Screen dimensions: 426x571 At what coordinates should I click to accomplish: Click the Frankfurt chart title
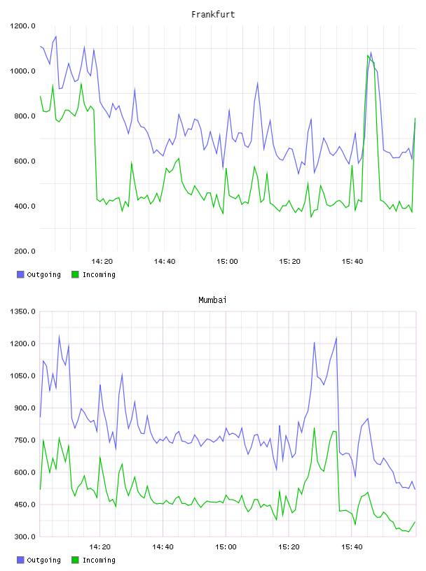pyautogui.click(x=213, y=15)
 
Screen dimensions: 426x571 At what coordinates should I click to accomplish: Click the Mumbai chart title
pyautogui.click(x=212, y=300)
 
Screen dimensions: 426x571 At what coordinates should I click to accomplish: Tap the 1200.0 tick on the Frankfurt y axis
pyautogui.click(x=22, y=26)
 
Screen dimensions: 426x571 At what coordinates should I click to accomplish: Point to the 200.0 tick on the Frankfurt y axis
pyautogui.click(x=25, y=251)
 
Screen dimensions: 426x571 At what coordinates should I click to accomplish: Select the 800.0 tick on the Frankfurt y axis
pyautogui.click(x=25, y=116)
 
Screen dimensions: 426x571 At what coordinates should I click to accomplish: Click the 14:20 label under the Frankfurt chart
pyautogui.click(x=102, y=262)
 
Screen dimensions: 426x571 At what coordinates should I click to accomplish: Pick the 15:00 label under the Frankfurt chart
pyautogui.click(x=227, y=262)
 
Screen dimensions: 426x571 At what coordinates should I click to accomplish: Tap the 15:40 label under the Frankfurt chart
pyautogui.click(x=352, y=262)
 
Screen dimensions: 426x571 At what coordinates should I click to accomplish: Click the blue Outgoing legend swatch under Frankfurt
pyautogui.click(x=20, y=274)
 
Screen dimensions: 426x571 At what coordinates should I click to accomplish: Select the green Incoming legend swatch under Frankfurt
pyautogui.click(x=75, y=274)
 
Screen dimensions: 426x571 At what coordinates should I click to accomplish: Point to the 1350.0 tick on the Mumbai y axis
pyautogui.click(x=22, y=311)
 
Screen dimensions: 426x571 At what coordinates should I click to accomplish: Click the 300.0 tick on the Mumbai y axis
pyautogui.click(x=25, y=537)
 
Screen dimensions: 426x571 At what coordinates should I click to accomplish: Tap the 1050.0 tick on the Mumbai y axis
pyautogui.click(x=22, y=376)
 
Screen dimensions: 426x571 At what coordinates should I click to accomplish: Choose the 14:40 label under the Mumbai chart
pyautogui.click(x=163, y=547)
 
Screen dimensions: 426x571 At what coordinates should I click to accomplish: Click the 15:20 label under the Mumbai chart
pyautogui.click(x=289, y=547)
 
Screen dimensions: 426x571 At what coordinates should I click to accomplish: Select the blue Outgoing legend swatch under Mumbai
pyautogui.click(x=20, y=560)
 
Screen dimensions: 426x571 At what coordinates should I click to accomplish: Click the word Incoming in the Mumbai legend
pyautogui.click(x=99, y=560)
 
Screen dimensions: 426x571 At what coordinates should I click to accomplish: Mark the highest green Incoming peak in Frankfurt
pyautogui.click(x=368, y=55)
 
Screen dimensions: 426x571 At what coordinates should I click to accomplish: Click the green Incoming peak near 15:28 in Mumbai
pyautogui.click(x=314, y=428)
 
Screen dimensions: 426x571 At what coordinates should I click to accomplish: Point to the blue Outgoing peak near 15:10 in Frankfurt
pyautogui.click(x=258, y=83)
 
